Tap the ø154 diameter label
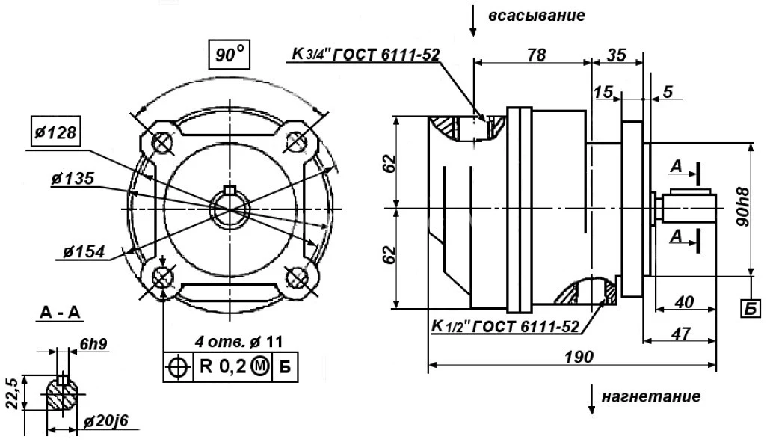pos(78,249)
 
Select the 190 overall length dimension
pos(578,357)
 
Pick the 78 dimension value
pos(535,55)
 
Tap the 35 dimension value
pos(617,55)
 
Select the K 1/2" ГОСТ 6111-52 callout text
pos(505,327)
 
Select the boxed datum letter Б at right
pos(748,307)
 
